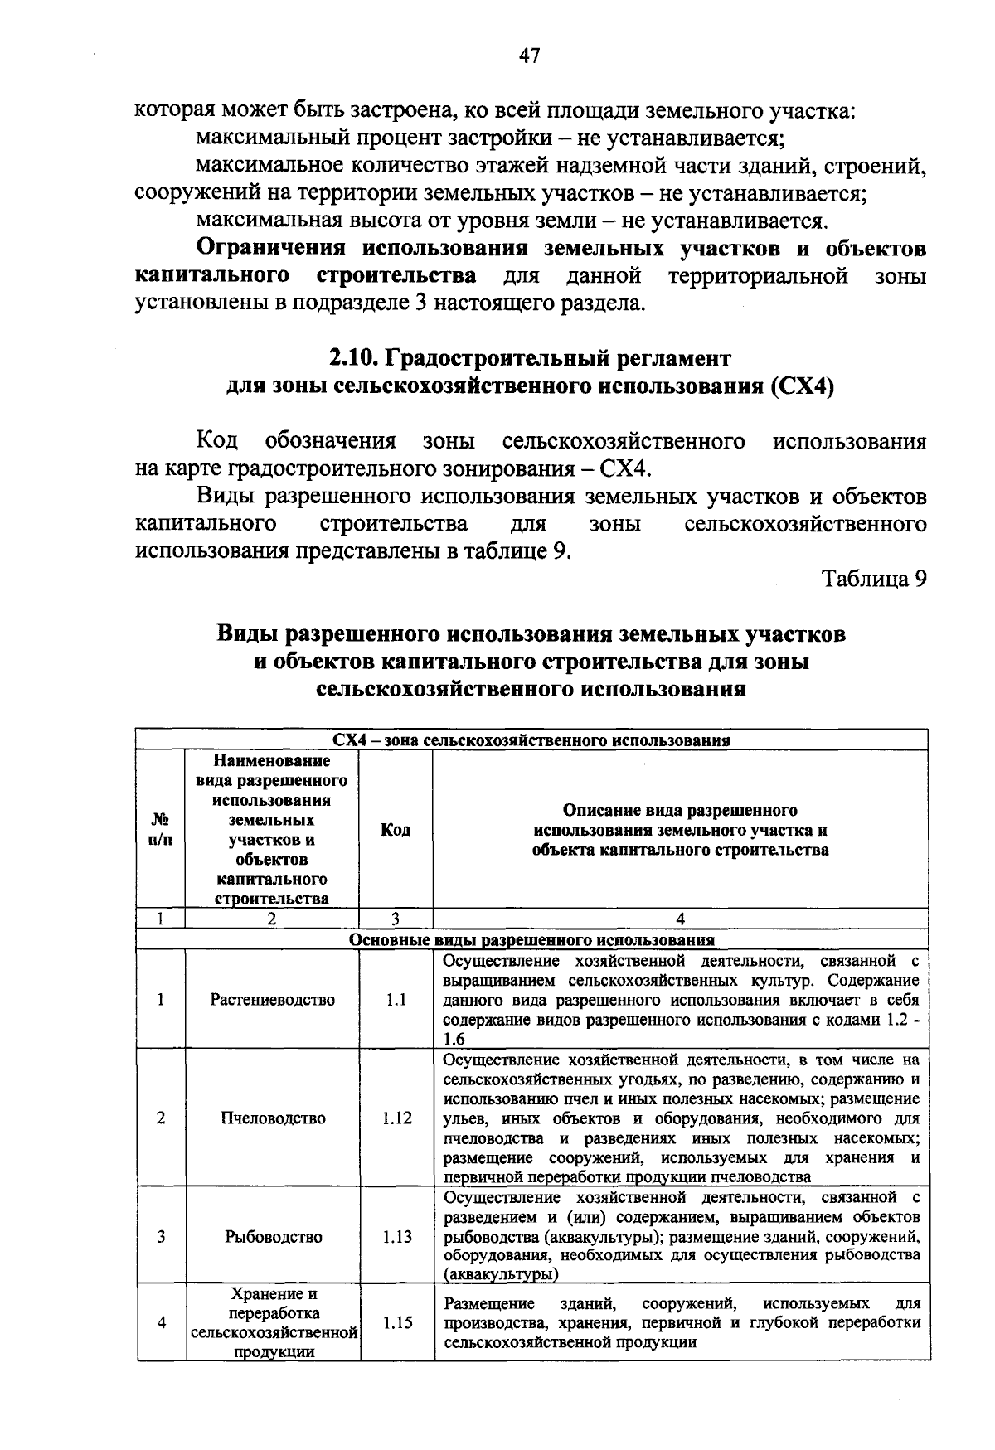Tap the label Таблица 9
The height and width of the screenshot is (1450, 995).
point(873,579)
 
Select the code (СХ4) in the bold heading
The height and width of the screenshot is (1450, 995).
point(801,386)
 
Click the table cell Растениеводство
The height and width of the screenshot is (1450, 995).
point(273,1000)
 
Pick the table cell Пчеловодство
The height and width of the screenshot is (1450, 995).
point(273,1118)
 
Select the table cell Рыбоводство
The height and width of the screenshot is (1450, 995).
point(273,1237)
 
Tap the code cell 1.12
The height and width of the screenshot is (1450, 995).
point(396,1118)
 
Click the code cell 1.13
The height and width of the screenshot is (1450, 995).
point(396,1237)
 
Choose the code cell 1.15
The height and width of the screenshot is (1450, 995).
point(396,1323)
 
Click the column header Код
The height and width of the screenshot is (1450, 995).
point(396,830)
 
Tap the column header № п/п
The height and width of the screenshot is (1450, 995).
point(161,830)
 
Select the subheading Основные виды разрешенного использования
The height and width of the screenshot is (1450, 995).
point(531,940)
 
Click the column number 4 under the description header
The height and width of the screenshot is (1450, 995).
point(680,919)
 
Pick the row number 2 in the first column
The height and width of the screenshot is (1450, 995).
point(160,1118)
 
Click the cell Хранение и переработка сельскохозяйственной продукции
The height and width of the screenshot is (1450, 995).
point(273,1323)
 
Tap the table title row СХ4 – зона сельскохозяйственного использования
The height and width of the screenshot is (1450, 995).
point(531,740)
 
